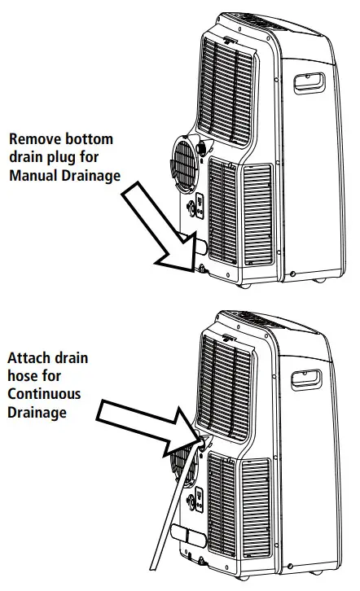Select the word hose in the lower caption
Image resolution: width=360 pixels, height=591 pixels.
click(24, 376)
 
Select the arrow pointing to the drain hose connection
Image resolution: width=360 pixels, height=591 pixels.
click(147, 423)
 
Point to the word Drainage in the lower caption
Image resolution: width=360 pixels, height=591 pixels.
click(37, 412)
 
